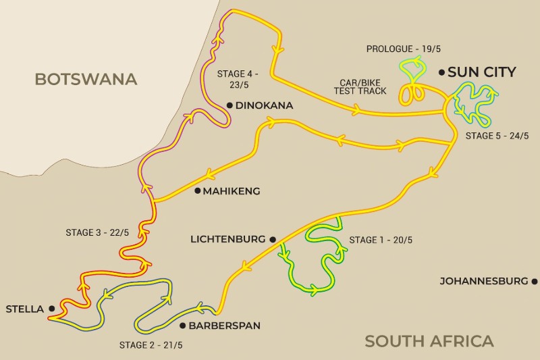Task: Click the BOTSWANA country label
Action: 86,79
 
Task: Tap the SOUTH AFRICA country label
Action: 429,341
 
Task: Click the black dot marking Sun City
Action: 441,72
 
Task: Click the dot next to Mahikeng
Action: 197,191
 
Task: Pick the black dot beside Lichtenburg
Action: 273,239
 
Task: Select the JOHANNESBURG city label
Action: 483,280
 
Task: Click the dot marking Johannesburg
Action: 534,280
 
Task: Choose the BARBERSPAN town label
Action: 223,326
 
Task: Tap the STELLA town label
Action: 24,309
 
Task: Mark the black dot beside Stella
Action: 51,309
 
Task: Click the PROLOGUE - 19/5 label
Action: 399,49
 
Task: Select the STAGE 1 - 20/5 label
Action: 381,240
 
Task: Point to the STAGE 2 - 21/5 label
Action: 151,345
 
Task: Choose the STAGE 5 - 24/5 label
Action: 497,136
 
